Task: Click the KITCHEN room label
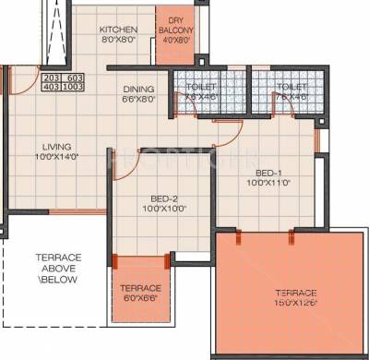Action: pos(119,29)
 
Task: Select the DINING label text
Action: pos(138,90)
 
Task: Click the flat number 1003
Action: pos(74,89)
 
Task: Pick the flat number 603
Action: pos(74,78)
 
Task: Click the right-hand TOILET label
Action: pos(287,87)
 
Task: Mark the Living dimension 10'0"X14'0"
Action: pos(56,157)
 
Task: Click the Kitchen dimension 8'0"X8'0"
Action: pos(119,40)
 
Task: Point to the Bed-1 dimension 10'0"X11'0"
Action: pos(268,183)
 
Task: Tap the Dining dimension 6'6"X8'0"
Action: pos(138,100)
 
